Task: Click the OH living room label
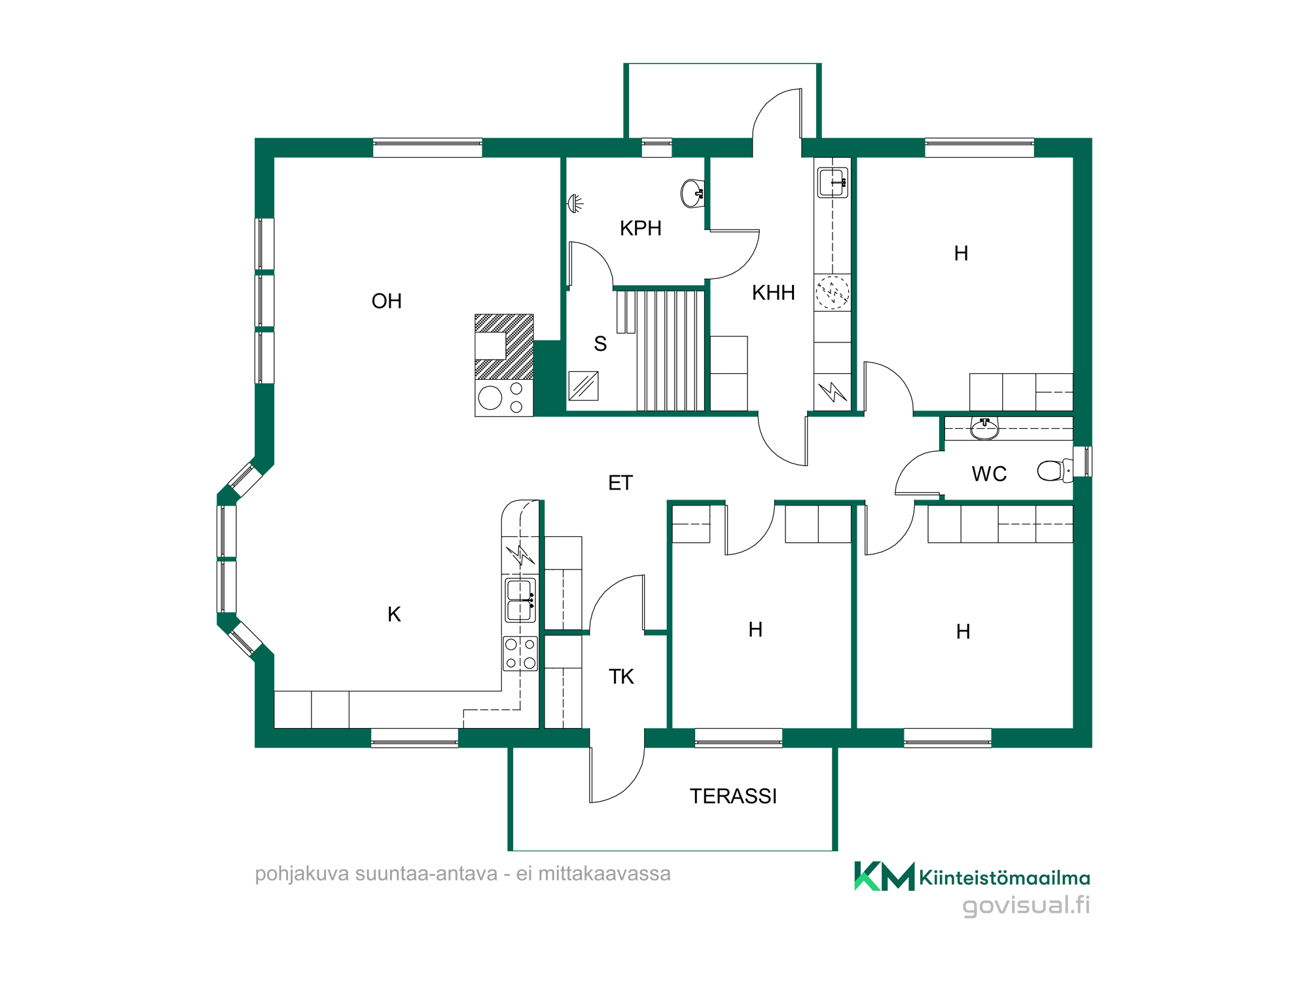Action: pyautogui.click(x=386, y=301)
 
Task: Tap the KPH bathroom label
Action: pyautogui.click(x=641, y=228)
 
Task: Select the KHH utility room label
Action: pyautogui.click(x=773, y=293)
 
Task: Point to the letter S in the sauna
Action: pyautogui.click(x=600, y=344)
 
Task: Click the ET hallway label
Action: pyautogui.click(x=620, y=483)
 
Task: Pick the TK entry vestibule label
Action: pyautogui.click(x=621, y=677)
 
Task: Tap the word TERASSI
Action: pyautogui.click(x=733, y=796)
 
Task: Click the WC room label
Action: pyautogui.click(x=989, y=474)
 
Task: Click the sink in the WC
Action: pyautogui.click(x=984, y=428)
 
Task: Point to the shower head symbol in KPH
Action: pyautogui.click(x=575, y=204)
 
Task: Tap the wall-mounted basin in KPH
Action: pyautogui.click(x=692, y=194)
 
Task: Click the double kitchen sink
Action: pyautogui.click(x=520, y=600)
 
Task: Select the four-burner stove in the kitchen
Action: pyautogui.click(x=520, y=653)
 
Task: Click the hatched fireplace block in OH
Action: pyautogui.click(x=504, y=347)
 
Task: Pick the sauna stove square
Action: pyautogui.click(x=583, y=386)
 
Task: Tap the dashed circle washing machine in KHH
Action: pyautogui.click(x=833, y=293)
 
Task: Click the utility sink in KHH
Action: pyautogui.click(x=833, y=182)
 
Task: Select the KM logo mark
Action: pyautogui.click(x=884, y=876)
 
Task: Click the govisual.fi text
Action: pyautogui.click(x=1026, y=905)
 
